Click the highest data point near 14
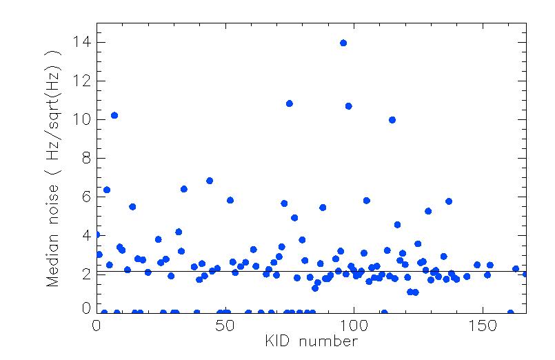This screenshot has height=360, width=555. (x=343, y=43)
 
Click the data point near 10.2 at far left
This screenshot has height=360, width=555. (x=114, y=115)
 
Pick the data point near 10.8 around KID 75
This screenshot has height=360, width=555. (x=290, y=103)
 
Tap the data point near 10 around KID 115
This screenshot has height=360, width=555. (x=392, y=119)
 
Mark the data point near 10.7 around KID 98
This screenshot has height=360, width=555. (x=349, y=106)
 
